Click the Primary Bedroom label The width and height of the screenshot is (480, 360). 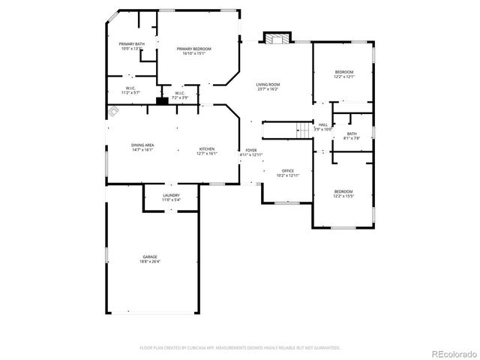click(x=194, y=51)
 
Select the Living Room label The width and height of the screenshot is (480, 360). click(x=267, y=86)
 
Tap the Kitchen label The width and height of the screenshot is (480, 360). click(x=207, y=151)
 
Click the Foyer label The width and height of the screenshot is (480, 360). click(x=251, y=152)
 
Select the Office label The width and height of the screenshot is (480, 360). click(x=287, y=172)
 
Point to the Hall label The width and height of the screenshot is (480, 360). click(x=322, y=127)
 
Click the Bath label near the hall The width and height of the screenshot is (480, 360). click(x=352, y=136)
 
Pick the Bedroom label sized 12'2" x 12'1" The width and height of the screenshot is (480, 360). click(x=343, y=73)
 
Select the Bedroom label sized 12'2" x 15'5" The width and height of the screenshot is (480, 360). click(x=343, y=193)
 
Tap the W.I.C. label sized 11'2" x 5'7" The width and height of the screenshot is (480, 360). click(x=130, y=90)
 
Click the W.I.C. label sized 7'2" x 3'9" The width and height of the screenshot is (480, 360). click(x=180, y=95)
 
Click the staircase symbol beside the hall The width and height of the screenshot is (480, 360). click(x=303, y=130)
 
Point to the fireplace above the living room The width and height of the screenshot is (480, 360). click(x=275, y=39)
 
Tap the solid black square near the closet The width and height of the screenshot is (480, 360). click(x=161, y=100)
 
